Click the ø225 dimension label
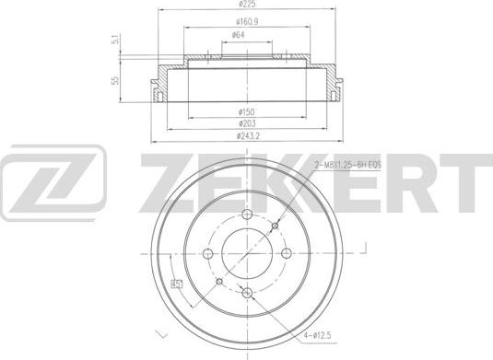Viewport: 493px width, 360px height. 246,6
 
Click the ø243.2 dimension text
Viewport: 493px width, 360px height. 247,136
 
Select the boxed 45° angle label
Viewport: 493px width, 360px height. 176,284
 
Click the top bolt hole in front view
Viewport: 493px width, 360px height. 247,214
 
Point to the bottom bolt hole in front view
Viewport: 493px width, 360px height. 247,293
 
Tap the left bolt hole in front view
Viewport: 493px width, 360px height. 207,253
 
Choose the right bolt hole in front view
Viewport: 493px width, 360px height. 287,253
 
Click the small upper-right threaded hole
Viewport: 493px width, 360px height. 275,225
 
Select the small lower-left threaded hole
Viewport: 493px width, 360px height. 219,281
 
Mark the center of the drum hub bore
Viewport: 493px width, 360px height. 247,253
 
